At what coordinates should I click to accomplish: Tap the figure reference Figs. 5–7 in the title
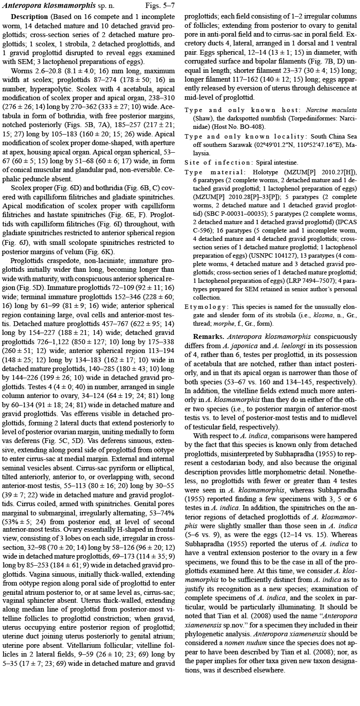coord(160,6)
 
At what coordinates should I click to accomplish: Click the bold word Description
coord(29,17)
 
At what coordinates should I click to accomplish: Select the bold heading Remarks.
coord(206,336)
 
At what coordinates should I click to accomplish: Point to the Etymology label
coord(206,307)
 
